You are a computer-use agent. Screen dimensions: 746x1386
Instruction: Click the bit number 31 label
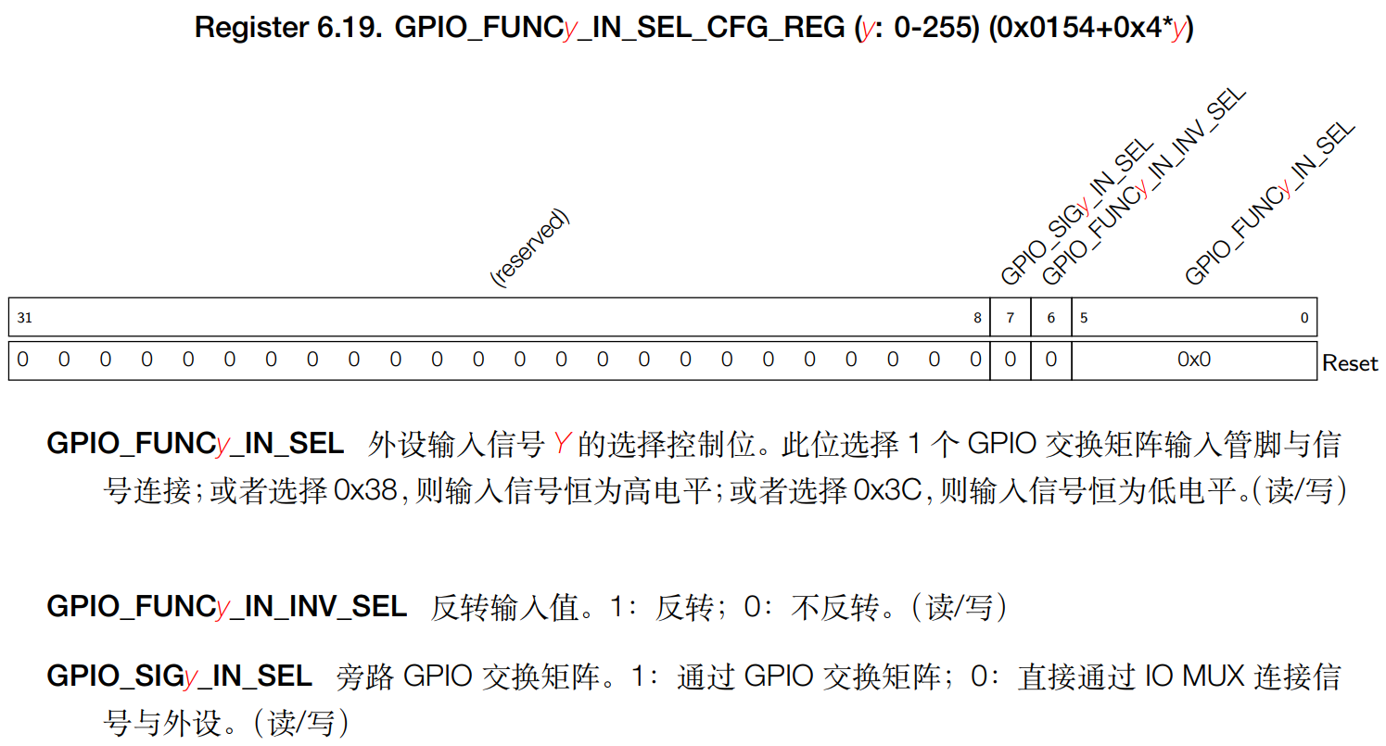[24, 318]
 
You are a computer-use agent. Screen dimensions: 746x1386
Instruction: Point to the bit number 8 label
[977, 318]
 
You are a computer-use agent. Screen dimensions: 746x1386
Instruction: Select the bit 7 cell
[1011, 318]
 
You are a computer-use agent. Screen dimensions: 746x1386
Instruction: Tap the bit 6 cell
[1051, 318]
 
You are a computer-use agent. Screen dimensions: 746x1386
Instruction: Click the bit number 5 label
[1083, 318]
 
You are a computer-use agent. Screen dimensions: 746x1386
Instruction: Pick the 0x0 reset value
[1194, 360]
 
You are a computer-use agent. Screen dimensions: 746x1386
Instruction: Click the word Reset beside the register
[1351, 363]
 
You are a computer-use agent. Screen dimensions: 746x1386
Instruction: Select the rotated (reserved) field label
[528, 248]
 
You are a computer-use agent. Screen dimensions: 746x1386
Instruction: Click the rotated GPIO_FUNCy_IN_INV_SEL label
[1142, 190]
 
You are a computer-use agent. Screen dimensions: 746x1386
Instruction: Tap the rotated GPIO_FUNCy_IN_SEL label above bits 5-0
[1270, 204]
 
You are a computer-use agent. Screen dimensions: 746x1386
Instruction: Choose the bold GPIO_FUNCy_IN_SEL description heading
[195, 444]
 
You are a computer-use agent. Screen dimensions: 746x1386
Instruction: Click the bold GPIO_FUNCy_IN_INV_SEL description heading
[226, 607]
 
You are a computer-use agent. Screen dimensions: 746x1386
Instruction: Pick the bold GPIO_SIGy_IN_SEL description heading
[179, 676]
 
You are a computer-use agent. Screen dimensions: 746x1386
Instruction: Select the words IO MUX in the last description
[1196, 676]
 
